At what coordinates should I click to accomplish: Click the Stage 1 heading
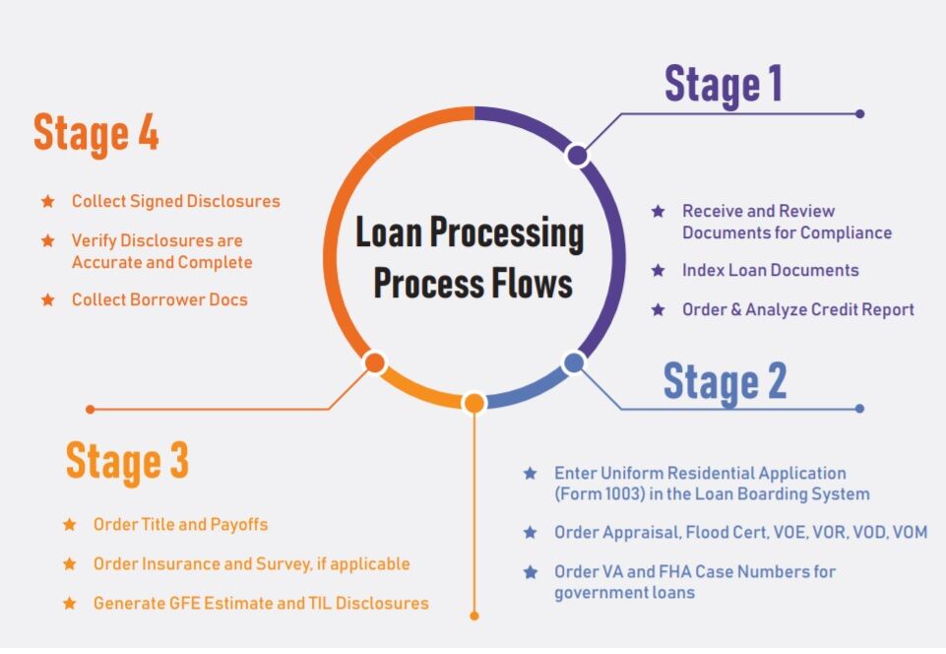click(724, 84)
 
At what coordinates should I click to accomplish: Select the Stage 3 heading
click(127, 461)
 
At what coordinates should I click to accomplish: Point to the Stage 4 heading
click(96, 133)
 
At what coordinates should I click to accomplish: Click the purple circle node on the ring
click(577, 156)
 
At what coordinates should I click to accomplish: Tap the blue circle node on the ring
click(574, 362)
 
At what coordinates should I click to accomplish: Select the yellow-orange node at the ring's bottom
click(473, 403)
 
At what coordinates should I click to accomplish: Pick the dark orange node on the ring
click(374, 362)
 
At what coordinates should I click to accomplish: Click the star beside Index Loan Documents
click(659, 270)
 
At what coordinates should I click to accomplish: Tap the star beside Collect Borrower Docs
click(47, 299)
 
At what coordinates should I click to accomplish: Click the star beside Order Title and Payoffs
click(69, 525)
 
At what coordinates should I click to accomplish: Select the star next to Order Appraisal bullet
click(531, 532)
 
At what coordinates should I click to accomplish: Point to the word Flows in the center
click(536, 284)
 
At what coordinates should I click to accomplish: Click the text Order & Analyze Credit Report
click(798, 309)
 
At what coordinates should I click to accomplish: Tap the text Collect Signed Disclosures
click(175, 201)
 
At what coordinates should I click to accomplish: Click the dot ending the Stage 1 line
click(859, 113)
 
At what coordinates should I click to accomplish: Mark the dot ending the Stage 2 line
click(859, 408)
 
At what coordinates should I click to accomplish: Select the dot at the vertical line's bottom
click(473, 616)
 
